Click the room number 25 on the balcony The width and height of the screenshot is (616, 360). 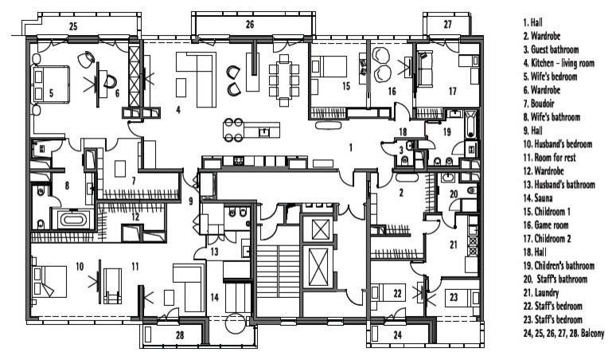tap(72, 27)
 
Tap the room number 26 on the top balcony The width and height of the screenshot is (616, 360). tap(249, 25)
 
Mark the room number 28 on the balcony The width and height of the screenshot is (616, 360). tap(181, 336)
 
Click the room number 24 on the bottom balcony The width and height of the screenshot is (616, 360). tap(396, 335)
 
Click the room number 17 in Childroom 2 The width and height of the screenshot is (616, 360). tap(452, 92)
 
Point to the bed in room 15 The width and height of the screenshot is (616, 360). tap(327, 67)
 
